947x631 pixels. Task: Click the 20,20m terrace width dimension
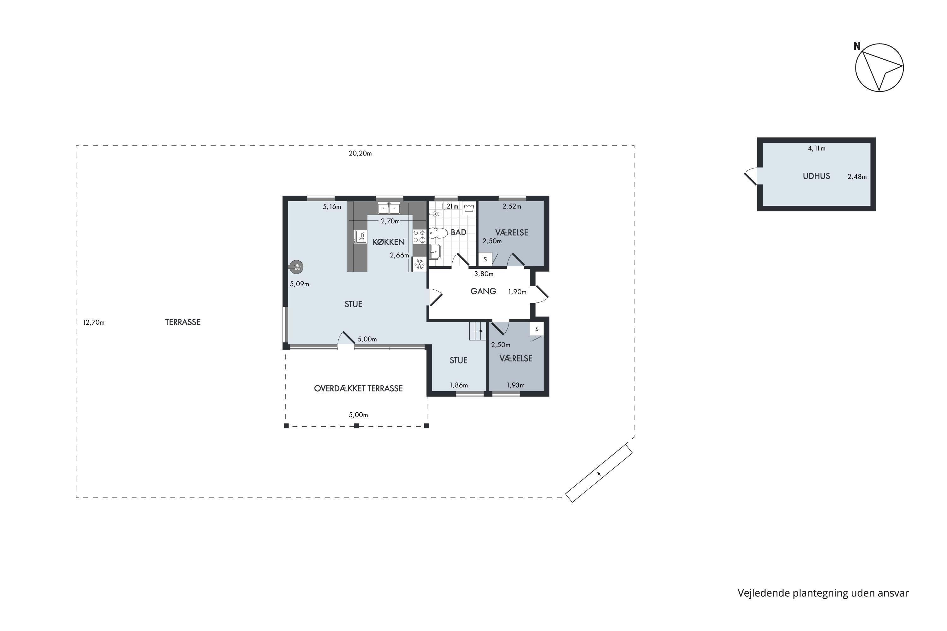360,153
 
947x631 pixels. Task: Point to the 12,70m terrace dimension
94,322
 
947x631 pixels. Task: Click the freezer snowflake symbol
419,264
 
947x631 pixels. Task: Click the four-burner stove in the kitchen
419,236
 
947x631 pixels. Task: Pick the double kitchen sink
389,208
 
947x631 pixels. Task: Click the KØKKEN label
389,242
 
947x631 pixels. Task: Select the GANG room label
483,291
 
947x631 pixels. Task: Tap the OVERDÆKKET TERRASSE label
358,388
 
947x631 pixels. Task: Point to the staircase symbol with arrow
478,331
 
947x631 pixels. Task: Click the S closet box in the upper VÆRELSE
485,259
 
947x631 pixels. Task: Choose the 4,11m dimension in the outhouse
817,149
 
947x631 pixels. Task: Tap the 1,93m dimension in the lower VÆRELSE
515,385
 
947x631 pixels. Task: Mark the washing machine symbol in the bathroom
469,208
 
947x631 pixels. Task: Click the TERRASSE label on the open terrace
183,322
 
